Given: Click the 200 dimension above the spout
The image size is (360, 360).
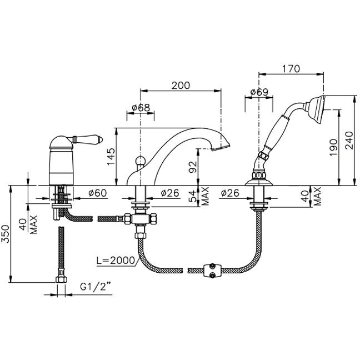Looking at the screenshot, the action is (x=181, y=86).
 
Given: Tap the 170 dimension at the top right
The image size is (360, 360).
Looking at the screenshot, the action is (x=291, y=69).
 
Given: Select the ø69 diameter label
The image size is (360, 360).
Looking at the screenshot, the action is (x=259, y=92).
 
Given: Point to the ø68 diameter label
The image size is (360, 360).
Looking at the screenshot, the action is (x=141, y=107).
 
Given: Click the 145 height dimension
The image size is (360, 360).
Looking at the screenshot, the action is (x=111, y=156).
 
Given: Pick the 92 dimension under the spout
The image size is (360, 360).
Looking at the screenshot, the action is (x=193, y=167).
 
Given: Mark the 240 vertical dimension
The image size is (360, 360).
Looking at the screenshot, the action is (x=349, y=141).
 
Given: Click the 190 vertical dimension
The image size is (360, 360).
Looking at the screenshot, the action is (x=333, y=147).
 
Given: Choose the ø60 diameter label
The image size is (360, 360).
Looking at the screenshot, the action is (x=98, y=193).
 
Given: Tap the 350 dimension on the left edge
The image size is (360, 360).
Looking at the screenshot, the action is (x=5, y=234).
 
